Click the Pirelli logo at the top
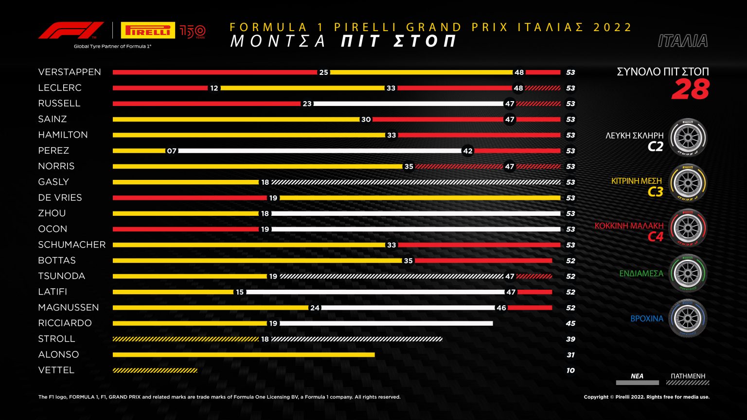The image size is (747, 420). pos(148,31)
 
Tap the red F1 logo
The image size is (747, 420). pos(71,30)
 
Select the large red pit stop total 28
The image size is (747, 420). pos(690,90)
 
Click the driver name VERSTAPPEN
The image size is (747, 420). pos(70,72)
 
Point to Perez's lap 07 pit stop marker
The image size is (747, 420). pos(172,151)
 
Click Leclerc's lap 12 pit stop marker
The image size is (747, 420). pos(214,88)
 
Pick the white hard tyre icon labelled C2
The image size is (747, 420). pos(688,138)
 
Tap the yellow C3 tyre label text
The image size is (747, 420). pos(655,192)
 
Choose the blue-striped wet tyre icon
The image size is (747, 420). pos(688,318)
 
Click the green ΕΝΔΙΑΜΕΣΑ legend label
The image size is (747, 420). pos(641,274)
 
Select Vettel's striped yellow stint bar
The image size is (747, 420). pos(155,370)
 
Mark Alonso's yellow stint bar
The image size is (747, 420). pos(243,355)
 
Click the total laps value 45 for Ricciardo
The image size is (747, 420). pos(570,323)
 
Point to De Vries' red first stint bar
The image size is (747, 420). pos(190,198)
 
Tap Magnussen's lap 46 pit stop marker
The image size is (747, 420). pos(501,308)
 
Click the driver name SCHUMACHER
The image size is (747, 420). pos(72,245)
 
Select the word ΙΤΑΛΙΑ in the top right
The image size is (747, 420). pos(682,41)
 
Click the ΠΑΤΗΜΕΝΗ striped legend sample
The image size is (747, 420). pos(688,383)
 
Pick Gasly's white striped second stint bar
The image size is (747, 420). pos(416,182)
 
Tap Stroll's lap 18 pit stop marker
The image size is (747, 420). pos(265,339)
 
